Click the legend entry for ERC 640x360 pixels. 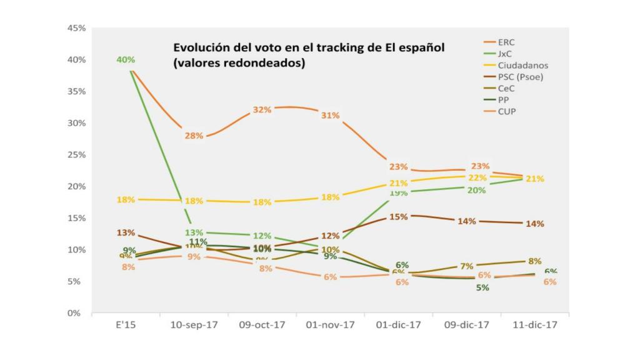[506, 42]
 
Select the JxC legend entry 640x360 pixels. [506, 54]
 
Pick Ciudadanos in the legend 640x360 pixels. [523, 66]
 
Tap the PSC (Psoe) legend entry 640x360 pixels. [521, 77]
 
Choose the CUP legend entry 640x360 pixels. [507, 111]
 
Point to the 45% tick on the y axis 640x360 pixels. [76, 28]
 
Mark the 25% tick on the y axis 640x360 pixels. [76, 155]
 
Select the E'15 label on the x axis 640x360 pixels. [126, 326]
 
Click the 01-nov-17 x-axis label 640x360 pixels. [330, 326]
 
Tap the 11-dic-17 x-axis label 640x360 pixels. [534, 326]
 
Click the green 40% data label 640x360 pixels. [125, 60]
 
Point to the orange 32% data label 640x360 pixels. [262, 110]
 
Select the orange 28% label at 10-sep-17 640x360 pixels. [194, 136]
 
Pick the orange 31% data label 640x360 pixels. [330, 116]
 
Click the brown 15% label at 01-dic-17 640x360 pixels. [398, 217]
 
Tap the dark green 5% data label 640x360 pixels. [482, 288]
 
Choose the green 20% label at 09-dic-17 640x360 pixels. [476, 190]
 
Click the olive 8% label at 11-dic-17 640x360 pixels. [535, 261]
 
